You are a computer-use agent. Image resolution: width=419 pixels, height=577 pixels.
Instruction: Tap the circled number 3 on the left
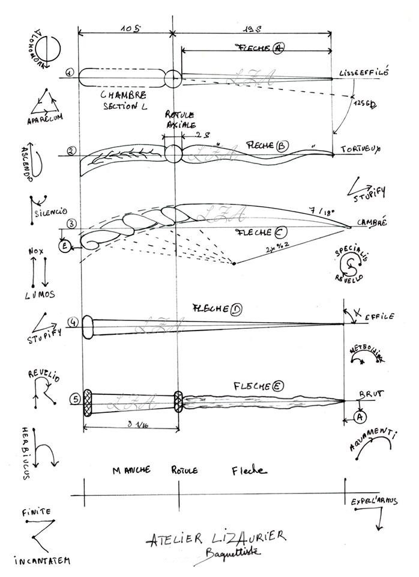71,224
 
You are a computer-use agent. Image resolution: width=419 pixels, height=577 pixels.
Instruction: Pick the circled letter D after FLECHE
236,310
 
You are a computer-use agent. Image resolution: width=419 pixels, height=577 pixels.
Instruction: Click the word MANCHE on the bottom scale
131,470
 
